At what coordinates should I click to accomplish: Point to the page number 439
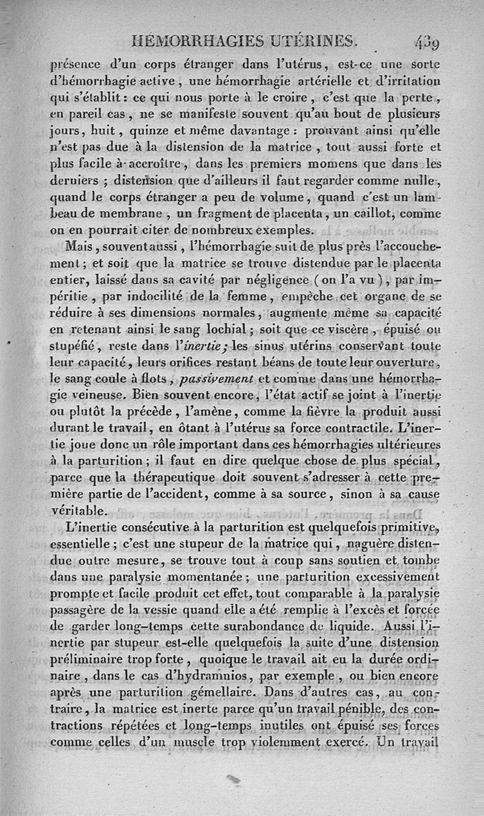coord(427,43)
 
